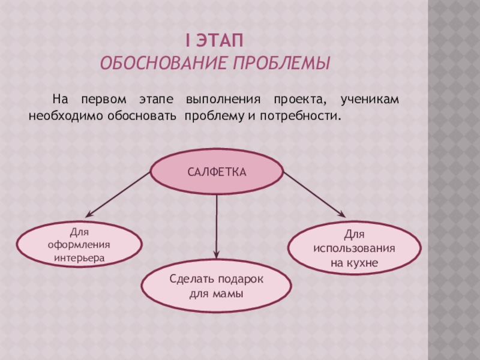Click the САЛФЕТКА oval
click(x=217, y=172)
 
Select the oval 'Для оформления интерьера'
click(x=79, y=244)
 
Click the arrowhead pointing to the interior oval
click(x=88, y=214)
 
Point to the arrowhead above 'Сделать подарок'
click(x=217, y=254)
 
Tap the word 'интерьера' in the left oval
click(x=79, y=257)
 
